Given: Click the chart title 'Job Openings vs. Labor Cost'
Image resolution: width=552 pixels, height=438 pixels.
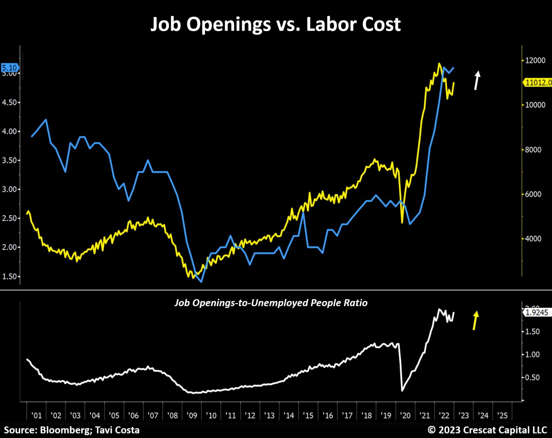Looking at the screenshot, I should tap(276, 24).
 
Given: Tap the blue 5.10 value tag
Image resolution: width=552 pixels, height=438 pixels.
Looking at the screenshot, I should tap(9, 68).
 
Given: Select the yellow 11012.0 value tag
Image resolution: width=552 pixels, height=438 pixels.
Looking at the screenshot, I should tap(538, 82).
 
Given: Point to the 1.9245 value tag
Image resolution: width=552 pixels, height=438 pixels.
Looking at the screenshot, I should tap(537, 312).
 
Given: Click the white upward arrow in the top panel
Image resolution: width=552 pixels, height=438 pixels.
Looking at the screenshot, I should tap(477, 80).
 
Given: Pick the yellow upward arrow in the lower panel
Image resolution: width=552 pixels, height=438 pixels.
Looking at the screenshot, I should tap(475, 320).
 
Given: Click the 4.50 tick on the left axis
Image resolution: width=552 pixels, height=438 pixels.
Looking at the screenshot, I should tap(9, 103).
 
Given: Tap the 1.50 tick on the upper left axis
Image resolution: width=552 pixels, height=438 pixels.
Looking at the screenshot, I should tap(9, 276).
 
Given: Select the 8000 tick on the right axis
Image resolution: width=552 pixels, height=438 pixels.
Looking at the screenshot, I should tap(533, 150).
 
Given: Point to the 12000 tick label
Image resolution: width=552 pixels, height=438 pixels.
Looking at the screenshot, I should tap(535, 60).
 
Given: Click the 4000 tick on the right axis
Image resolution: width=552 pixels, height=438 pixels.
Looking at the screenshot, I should tap(533, 239).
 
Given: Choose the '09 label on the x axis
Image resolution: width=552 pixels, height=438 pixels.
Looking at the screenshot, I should tap(192, 415).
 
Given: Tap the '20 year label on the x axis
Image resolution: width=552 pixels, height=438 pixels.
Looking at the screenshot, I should tap(405, 415).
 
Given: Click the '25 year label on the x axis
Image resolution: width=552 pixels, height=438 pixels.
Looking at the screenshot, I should tap(502, 415).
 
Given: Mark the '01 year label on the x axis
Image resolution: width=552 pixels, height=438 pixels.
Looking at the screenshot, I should tap(36, 415).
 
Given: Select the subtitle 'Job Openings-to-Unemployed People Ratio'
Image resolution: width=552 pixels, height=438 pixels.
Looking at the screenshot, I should tap(271, 303).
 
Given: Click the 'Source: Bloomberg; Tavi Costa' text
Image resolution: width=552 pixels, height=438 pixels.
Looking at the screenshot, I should tap(72, 430).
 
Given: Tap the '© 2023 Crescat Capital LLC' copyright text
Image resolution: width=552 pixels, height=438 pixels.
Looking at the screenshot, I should tap(487, 430).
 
